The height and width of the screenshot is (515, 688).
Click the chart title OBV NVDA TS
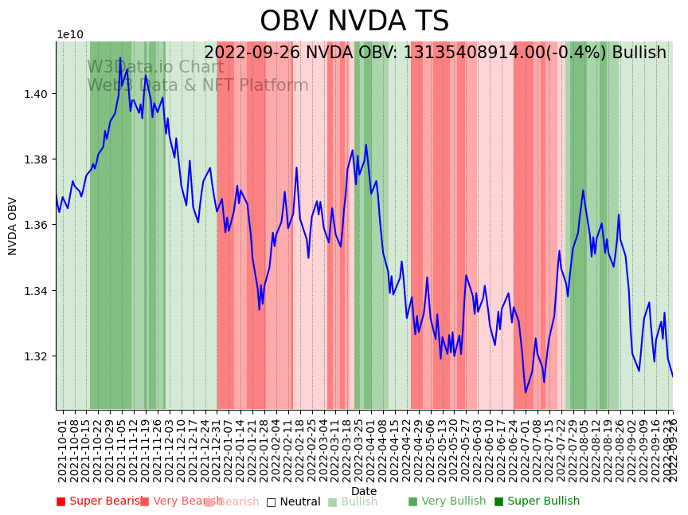354,22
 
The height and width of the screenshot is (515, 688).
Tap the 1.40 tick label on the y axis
37,94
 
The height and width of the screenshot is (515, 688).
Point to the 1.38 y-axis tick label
37,159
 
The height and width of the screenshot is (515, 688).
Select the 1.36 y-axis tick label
37,225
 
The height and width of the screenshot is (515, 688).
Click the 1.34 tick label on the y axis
37,290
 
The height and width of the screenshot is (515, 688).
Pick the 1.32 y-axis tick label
37,356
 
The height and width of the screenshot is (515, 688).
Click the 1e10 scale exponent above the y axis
69,35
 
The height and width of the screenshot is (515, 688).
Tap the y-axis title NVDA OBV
13,226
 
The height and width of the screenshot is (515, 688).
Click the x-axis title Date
364,491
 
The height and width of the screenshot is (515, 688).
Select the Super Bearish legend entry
100,501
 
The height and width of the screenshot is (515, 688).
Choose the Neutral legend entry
293,501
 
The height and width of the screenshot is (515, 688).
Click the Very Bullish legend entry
447,501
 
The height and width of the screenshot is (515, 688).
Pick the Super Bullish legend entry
537,501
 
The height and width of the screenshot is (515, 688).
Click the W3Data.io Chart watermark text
155,68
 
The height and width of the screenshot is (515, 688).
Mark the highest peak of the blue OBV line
120,58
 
